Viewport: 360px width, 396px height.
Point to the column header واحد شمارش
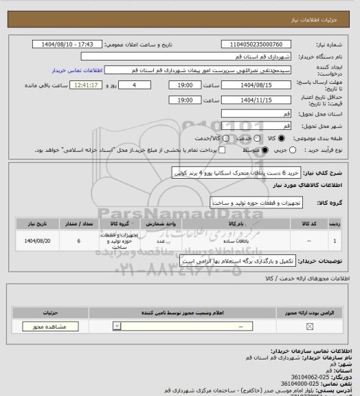(x=159, y=223)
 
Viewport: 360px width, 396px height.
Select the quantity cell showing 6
(x=80, y=241)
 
